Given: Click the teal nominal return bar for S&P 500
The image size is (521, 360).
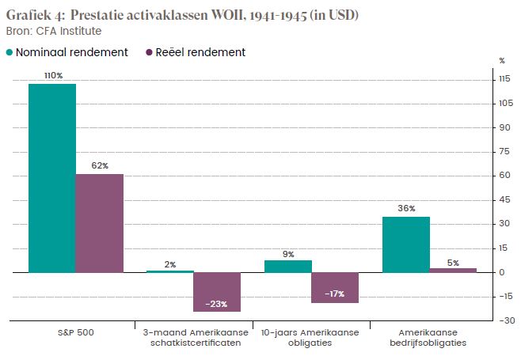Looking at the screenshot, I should tap(52, 178).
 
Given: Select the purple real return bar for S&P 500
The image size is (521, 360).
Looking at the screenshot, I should tap(100, 223).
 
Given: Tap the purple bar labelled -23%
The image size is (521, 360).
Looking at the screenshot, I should tap(217, 291).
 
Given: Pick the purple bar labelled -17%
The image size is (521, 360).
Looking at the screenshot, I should tap(335, 287).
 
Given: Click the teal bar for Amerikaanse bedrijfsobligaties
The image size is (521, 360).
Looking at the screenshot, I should tap(406, 244).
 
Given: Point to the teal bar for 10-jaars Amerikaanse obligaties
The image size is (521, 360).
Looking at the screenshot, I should tap(288, 267).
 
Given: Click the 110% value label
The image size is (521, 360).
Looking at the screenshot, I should tap(53, 75).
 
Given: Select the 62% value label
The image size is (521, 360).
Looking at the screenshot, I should tap(100, 165).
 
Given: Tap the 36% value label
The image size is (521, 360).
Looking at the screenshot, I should tap(407, 208).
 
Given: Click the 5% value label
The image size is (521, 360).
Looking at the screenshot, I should tap(453, 263).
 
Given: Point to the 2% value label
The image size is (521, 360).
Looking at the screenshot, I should tap(170, 264).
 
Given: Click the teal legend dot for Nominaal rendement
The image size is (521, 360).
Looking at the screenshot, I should tap(10, 53).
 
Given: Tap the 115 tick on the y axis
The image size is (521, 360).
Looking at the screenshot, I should tap(501, 79).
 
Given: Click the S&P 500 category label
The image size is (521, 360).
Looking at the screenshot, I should tap(76, 332).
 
